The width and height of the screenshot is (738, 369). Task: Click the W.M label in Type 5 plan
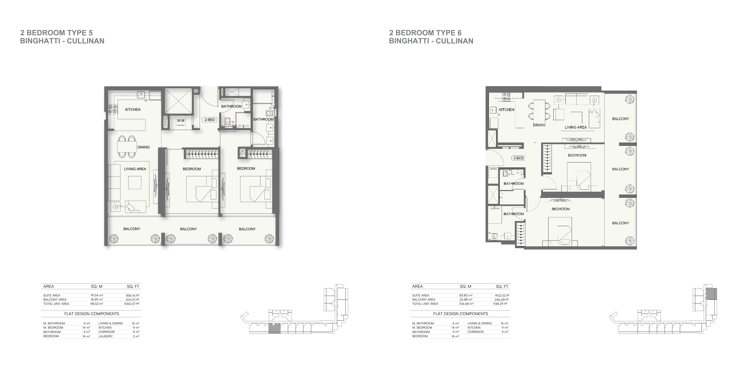click(181, 121)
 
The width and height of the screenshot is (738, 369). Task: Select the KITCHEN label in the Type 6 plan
click(507, 110)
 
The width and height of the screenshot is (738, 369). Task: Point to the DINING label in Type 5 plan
click(144, 147)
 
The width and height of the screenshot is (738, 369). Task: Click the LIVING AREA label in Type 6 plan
click(576, 127)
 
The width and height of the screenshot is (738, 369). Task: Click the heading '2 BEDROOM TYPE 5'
click(56, 33)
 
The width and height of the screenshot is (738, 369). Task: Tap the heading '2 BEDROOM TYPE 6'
click(425, 33)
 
